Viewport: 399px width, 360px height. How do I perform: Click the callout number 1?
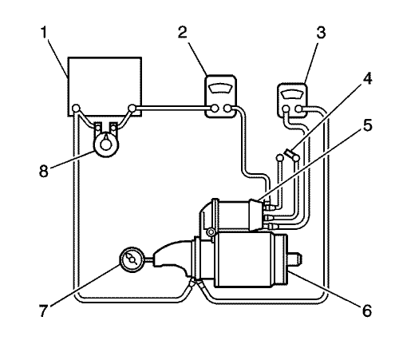coord(44,33)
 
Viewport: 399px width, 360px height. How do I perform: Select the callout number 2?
coord(183,33)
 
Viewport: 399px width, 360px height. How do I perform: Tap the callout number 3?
coord(321,33)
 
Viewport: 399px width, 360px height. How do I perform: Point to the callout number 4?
coord(367,78)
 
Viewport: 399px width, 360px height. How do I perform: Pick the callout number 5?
coord(367,125)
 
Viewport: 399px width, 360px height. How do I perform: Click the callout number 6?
coord(367,311)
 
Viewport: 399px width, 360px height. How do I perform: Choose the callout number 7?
coord(44,311)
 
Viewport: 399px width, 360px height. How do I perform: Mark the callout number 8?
coord(44,171)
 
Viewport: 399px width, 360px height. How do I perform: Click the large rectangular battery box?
coord(105,86)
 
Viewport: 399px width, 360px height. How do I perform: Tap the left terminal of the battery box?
coord(77,109)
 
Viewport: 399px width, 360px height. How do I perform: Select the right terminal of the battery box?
coord(132,109)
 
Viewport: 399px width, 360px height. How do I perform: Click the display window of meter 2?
coord(220,88)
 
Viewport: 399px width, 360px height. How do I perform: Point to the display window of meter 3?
coord(292,95)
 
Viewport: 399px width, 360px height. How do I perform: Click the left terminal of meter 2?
coord(215,109)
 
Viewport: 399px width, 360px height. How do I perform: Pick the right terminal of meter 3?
coord(298,109)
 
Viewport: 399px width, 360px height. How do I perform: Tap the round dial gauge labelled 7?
coord(132,259)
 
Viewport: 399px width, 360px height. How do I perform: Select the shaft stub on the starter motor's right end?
coord(295,259)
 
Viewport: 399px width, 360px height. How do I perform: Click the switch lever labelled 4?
coord(288,153)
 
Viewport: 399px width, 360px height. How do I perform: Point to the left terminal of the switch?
coord(279,158)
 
